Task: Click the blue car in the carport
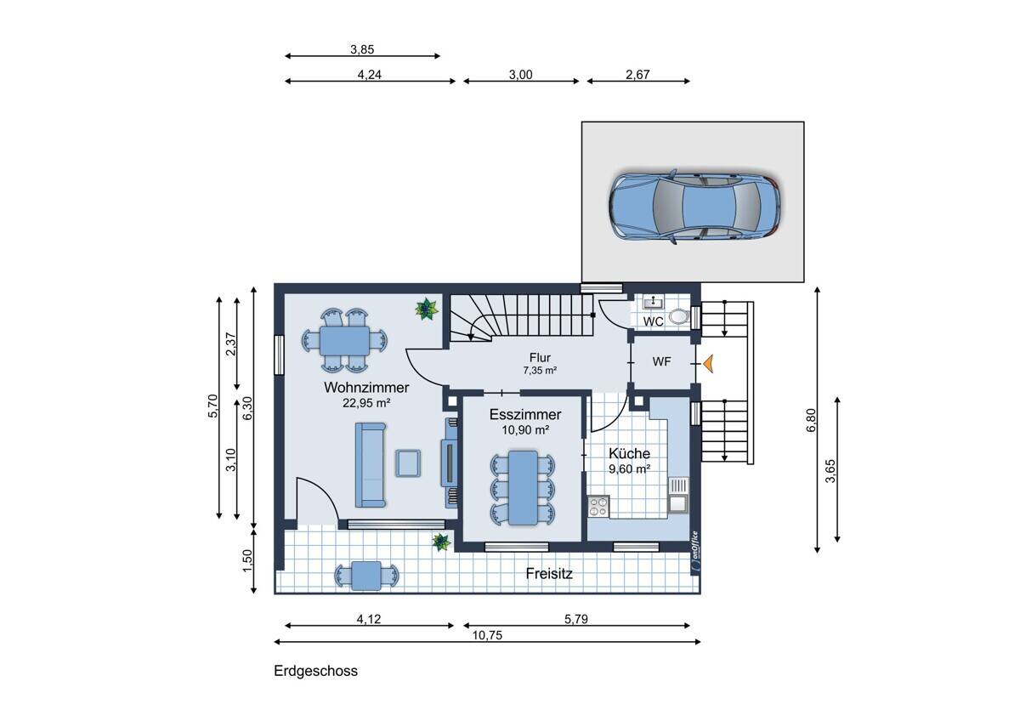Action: pos(695,207)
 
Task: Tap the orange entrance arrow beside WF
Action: pos(707,363)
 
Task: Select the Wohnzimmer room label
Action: pos(366,388)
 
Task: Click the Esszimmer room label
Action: pos(525,414)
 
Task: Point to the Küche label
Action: pos(629,453)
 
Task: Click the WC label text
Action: pos(654,321)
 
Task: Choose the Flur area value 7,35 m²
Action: pos(540,371)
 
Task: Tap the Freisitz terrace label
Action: pos(549,573)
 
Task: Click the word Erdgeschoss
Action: pos(315,671)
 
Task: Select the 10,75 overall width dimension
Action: pos(487,635)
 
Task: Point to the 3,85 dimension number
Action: pos(362,49)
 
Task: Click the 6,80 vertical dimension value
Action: pos(811,420)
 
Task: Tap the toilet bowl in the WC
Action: pos(678,316)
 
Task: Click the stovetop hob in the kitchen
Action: pos(598,507)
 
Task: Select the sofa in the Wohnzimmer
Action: pos(371,464)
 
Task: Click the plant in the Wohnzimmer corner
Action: pos(427,309)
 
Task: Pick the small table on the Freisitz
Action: pos(366,576)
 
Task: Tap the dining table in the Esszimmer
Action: pos(523,487)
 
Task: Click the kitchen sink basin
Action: pos(678,503)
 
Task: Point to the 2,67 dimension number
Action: pos(637,75)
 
